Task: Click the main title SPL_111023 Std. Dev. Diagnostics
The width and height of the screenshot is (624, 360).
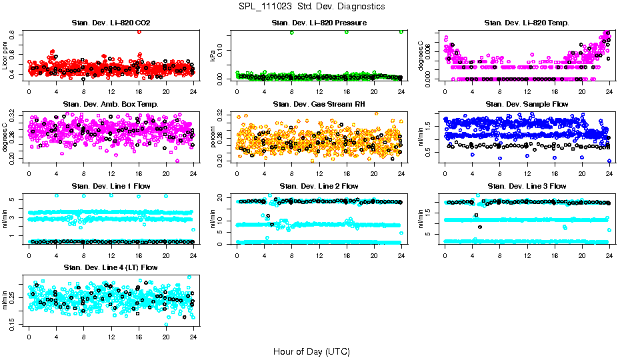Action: [x=311, y=7]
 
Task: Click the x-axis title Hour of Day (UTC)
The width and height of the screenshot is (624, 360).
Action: [x=311, y=351]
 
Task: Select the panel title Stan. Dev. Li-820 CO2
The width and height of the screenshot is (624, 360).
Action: [x=111, y=23]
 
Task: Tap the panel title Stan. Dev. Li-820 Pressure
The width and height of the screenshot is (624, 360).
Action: [x=319, y=23]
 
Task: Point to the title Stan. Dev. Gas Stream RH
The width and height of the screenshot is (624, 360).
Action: [x=319, y=105]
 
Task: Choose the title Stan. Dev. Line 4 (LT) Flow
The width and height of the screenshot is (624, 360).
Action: [x=111, y=267]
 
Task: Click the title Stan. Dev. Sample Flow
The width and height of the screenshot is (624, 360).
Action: [x=527, y=105]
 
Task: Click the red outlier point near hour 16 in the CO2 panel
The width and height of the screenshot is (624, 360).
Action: [x=139, y=31]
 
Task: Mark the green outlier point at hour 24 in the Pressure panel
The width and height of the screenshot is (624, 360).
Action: [x=401, y=32]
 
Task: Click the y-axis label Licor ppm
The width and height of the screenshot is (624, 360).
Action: [x=5, y=55]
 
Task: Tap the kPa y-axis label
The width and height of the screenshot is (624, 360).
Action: [x=213, y=55]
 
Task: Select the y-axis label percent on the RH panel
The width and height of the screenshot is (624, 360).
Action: [x=213, y=137]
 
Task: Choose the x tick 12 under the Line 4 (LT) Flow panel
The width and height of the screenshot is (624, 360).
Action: [x=111, y=337]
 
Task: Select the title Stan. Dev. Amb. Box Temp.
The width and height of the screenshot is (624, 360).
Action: [x=111, y=105]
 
